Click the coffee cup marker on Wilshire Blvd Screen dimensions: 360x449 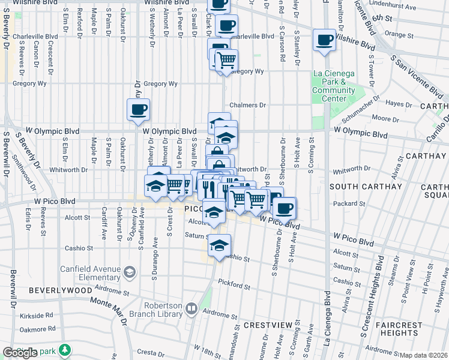[x=324, y=40]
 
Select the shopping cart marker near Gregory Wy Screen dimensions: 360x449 [x=226, y=61]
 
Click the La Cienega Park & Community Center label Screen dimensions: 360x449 [x=333, y=86]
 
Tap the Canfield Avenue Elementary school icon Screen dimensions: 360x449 [x=128, y=273]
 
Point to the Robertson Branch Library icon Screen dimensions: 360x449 [x=191, y=309]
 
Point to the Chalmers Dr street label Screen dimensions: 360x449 [x=247, y=105]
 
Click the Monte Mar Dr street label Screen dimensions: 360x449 [x=108, y=310]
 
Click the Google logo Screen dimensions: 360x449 [x=20, y=353]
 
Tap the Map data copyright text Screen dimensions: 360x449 [x=424, y=355]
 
